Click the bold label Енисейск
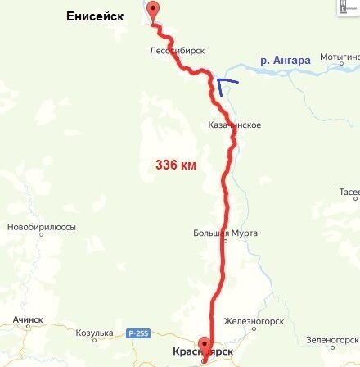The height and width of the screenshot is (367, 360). [x=97, y=16]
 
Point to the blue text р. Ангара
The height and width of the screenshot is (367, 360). [x=285, y=60]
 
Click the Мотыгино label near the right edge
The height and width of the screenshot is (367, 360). [x=340, y=57]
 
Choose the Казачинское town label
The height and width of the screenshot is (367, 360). [x=235, y=125]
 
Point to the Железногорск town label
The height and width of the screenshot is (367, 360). [x=256, y=322]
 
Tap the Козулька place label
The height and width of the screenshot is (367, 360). [x=93, y=333]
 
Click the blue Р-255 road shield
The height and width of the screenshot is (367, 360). [x=137, y=333]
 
